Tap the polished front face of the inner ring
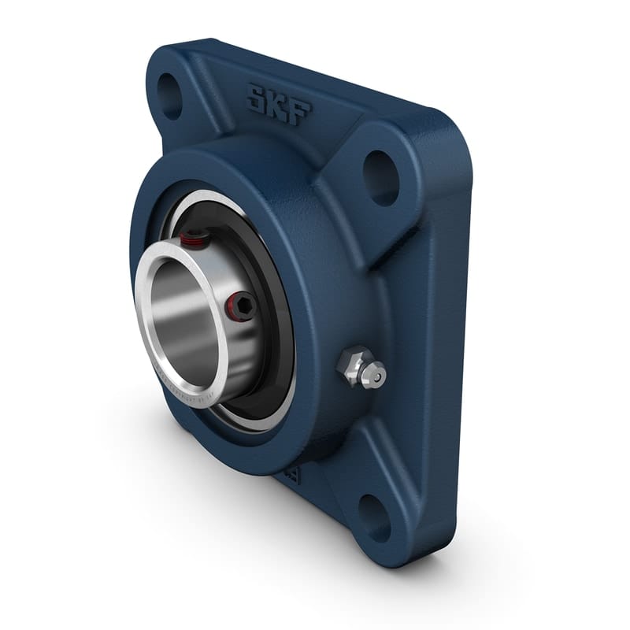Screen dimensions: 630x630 [x=150, y=331]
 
